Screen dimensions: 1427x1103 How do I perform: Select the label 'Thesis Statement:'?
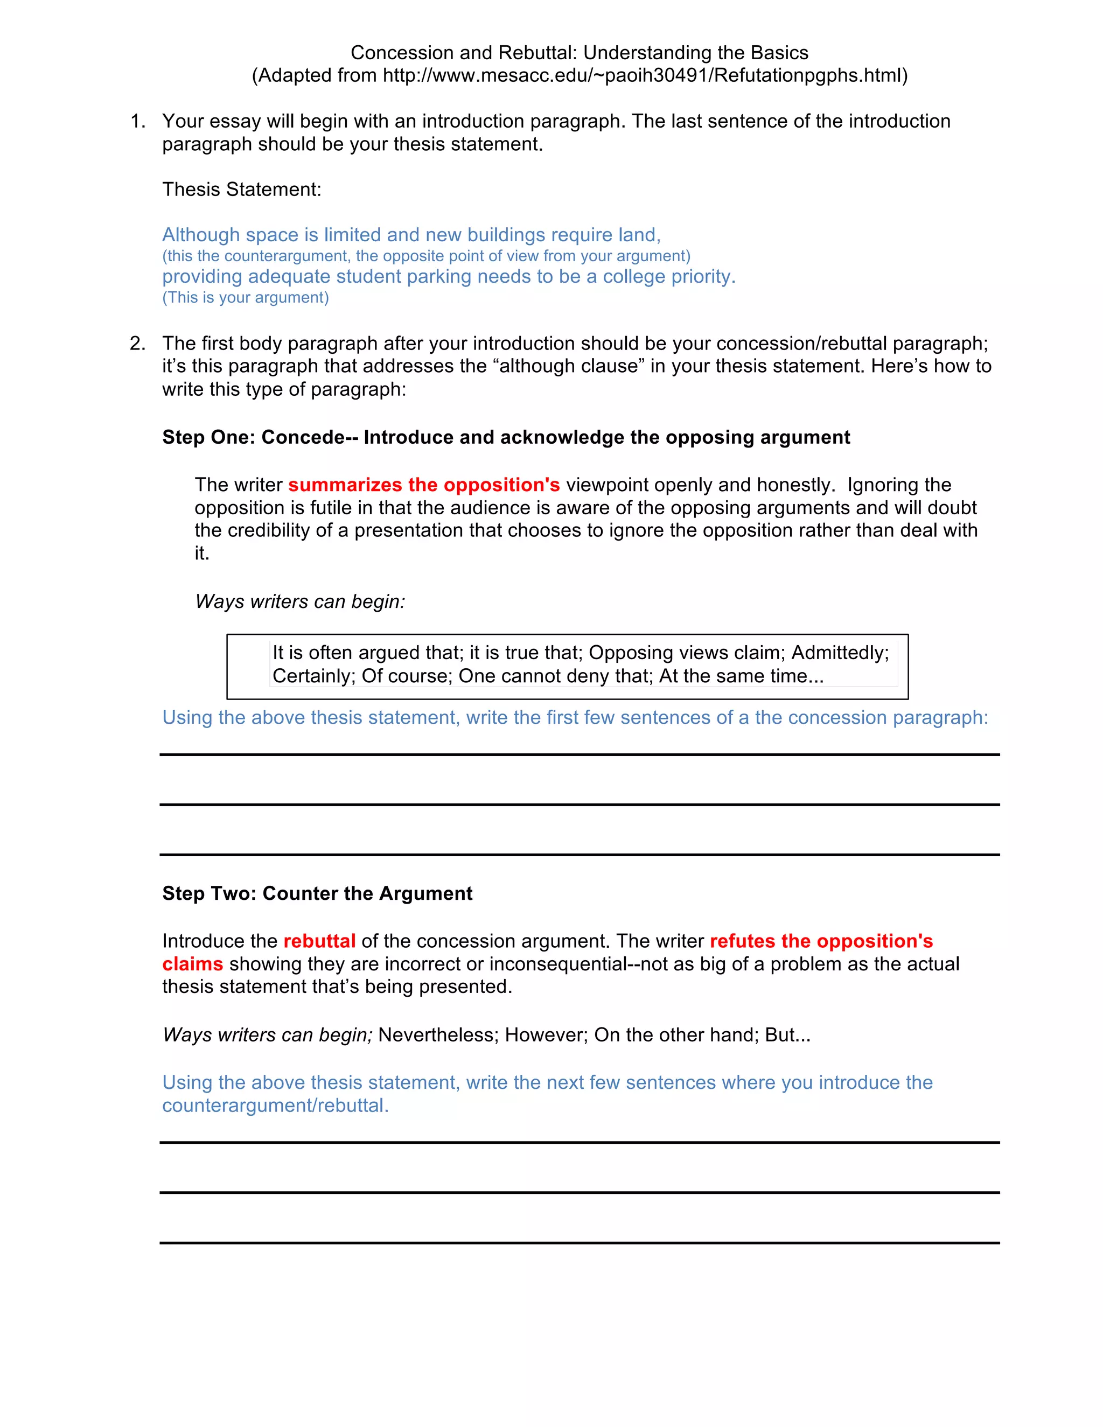point(241,190)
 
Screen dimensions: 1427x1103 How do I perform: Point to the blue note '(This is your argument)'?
point(245,298)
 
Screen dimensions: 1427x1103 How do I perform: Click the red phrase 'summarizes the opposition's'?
point(423,485)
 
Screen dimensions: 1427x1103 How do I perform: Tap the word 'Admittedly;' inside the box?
point(840,653)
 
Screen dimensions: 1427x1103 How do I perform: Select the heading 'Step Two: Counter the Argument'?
point(317,893)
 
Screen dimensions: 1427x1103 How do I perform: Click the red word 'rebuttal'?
point(319,941)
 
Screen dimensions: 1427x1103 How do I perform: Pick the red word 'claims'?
point(192,964)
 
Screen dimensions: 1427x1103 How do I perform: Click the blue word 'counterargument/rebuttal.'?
point(275,1106)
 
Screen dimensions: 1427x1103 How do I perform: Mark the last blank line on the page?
point(579,1243)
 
